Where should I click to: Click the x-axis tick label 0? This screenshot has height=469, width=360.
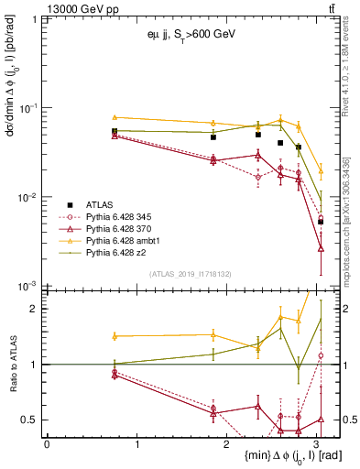47,443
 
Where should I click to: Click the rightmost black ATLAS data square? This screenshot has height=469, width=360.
321,222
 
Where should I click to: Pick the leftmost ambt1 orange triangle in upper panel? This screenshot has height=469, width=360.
115,117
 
